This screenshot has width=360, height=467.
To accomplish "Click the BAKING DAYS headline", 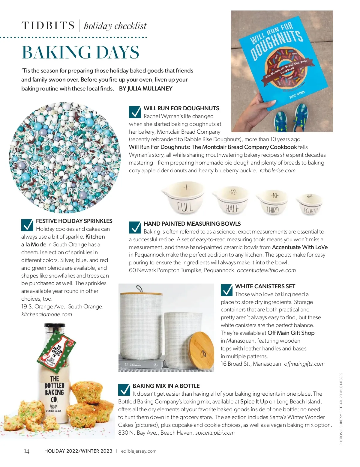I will click(x=80, y=53).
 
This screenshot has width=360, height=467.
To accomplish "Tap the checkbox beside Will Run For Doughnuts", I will click(x=135, y=112).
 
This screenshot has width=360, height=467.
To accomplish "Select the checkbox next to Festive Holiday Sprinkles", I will click(x=27, y=225).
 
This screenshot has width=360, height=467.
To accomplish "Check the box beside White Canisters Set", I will click(x=226, y=290).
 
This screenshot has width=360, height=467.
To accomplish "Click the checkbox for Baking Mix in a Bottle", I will click(x=124, y=390).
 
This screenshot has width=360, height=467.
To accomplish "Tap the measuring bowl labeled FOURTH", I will click(x=309, y=205).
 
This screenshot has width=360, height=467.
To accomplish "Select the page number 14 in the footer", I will click(x=27, y=451).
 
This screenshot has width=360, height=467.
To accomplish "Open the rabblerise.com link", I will click(x=277, y=171).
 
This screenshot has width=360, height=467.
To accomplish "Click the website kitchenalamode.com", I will click(x=47, y=314).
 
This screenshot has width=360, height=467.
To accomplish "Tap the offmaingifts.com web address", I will click(x=304, y=364).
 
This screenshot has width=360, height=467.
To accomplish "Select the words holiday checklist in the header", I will click(x=115, y=26).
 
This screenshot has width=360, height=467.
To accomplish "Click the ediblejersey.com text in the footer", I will click(x=139, y=451).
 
